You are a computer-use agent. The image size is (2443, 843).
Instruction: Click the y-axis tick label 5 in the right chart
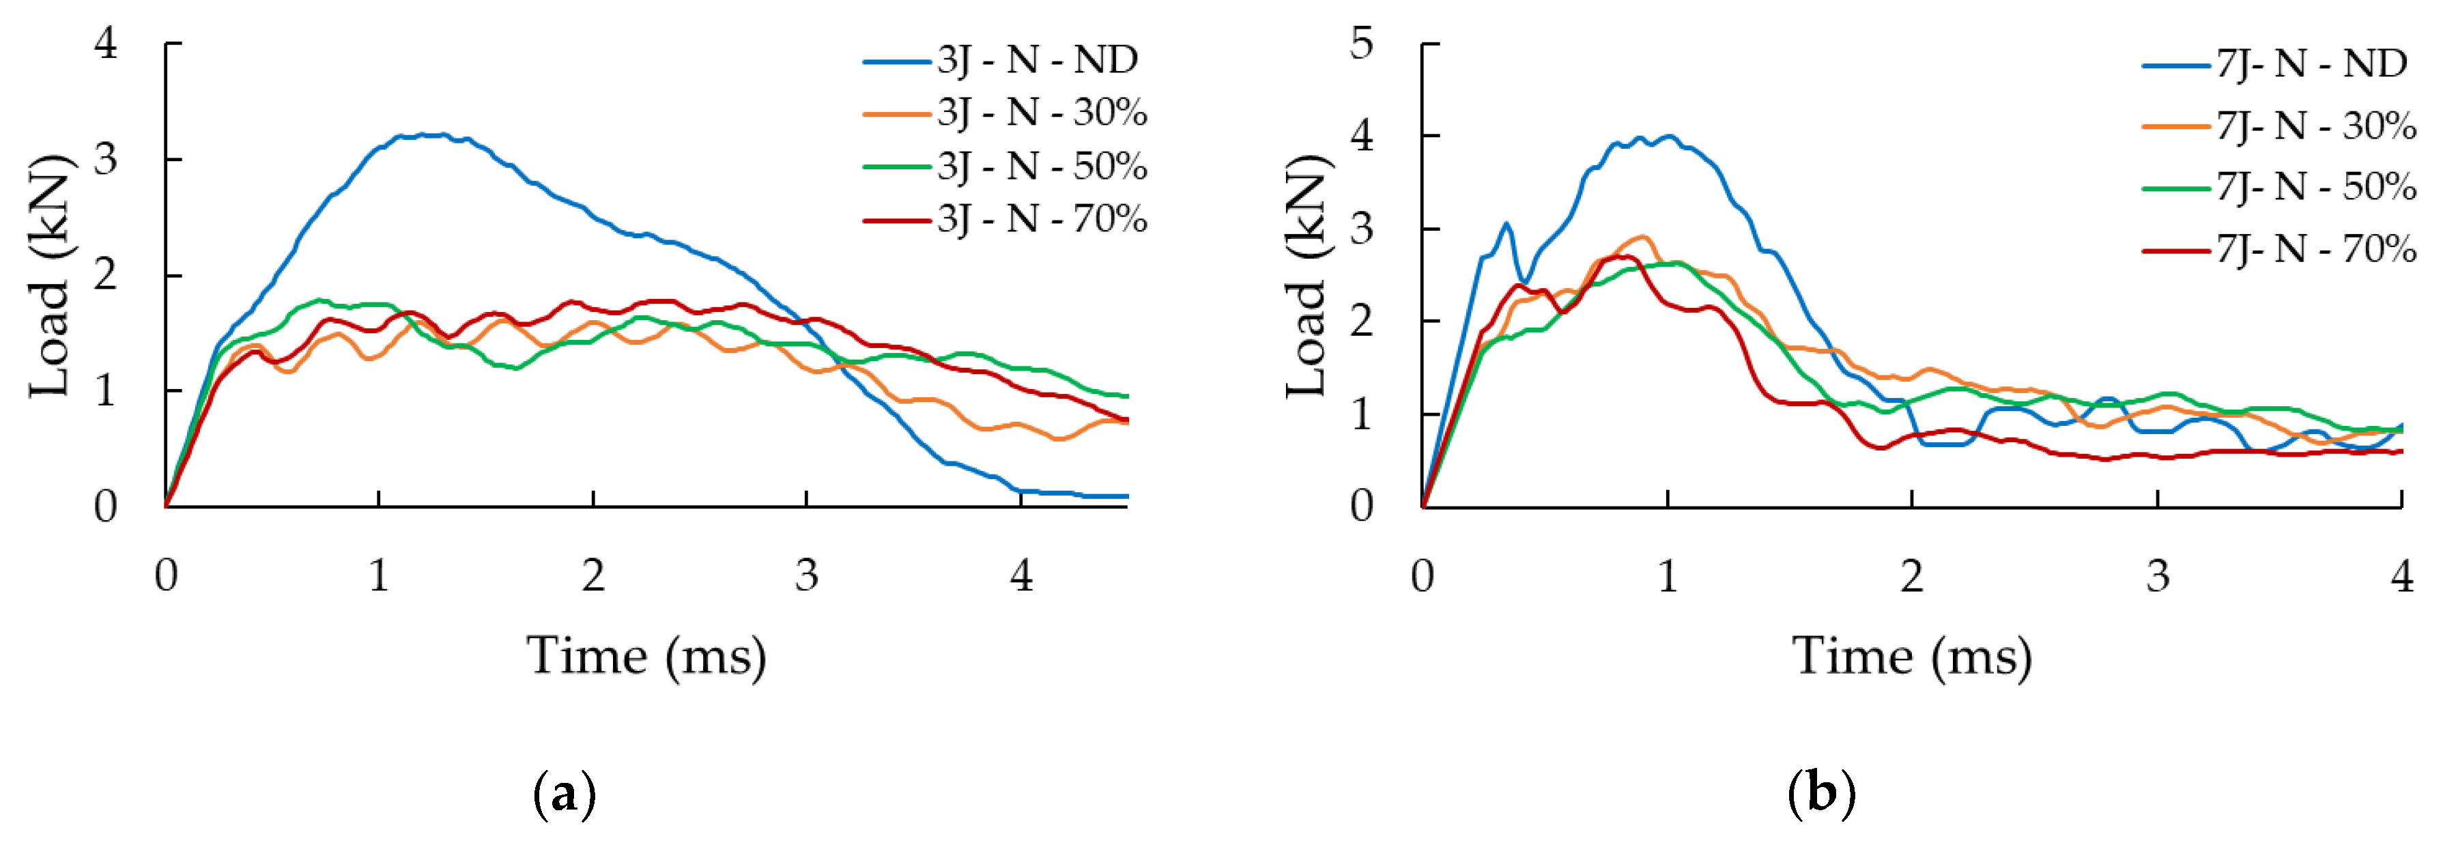[x=1361, y=44]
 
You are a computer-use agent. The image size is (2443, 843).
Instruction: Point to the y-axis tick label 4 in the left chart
[x=106, y=44]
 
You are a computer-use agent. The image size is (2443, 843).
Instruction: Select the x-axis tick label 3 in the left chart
[x=806, y=575]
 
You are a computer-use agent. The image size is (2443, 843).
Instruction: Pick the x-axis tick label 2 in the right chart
[x=1912, y=575]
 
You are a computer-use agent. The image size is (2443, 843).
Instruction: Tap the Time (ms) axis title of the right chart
[x=1912, y=656]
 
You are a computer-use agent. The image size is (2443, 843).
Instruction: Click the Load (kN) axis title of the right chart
[x=1307, y=275]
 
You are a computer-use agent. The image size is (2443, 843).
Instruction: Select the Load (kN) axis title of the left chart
[x=51, y=275]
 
